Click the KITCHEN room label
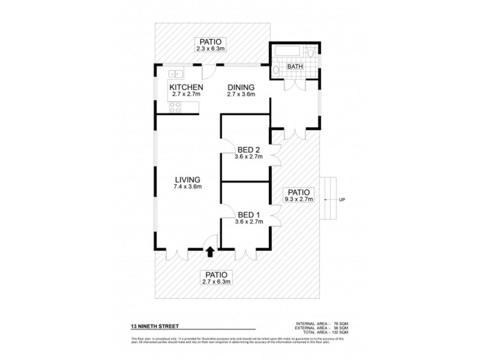[x=185, y=87]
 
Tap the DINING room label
[x=241, y=87]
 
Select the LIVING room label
[x=187, y=179]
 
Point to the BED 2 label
[x=248, y=149]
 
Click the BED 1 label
[x=248, y=215]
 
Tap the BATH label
[x=295, y=67]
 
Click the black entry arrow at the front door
[x=210, y=253]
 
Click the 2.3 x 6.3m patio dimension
[x=209, y=49]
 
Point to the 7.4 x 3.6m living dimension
[x=187, y=187]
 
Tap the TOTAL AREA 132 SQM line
[x=322, y=332]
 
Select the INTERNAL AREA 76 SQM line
[x=322, y=323]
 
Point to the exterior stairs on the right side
[x=329, y=199]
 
